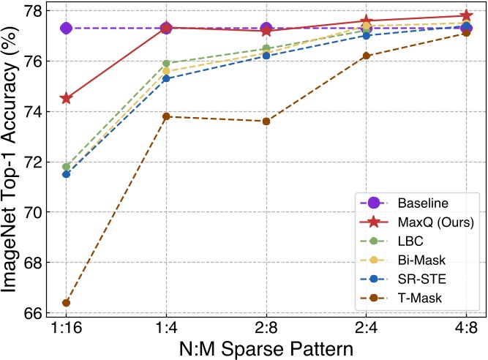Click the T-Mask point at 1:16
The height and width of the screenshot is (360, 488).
[66, 302]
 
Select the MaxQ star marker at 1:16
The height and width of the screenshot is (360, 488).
[66, 98]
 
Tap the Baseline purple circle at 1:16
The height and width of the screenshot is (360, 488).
[66, 28]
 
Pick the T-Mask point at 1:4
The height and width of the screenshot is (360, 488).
[166, 116]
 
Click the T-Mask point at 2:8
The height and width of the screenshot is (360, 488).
[266, 121]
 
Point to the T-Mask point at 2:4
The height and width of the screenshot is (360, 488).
[367, 56]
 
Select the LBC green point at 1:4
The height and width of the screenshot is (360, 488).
[166, 64]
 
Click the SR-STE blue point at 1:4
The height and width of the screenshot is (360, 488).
[166, 78]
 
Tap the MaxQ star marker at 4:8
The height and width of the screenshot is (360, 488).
[466, 15]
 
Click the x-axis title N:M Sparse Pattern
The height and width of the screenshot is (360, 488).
[266, 348]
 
